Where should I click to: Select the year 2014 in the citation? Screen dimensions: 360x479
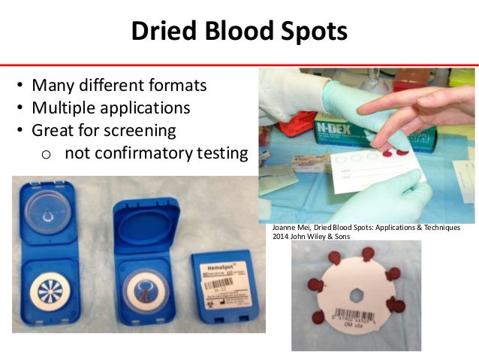pos(286,237)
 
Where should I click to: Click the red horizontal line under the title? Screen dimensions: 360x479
pos(239,65)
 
